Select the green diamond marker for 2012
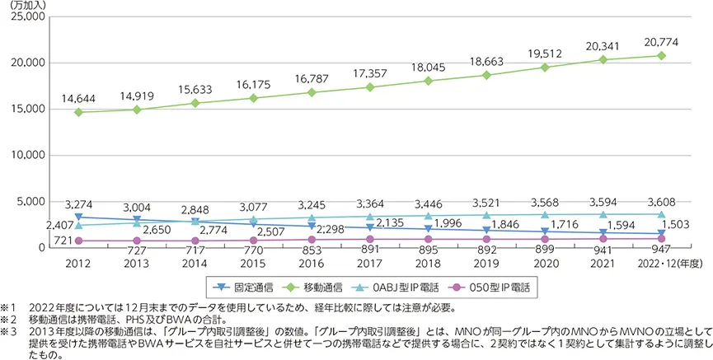pos(77,112)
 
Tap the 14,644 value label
pos(77,96)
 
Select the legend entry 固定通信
pos(246,288)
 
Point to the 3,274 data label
pos(78,201)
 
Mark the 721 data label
pos(63,240)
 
